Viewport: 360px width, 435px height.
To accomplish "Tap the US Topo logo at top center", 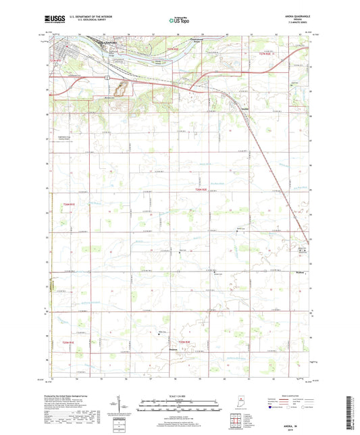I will tap(180, 21).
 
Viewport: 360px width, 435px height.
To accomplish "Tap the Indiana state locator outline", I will tap(240, 405).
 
